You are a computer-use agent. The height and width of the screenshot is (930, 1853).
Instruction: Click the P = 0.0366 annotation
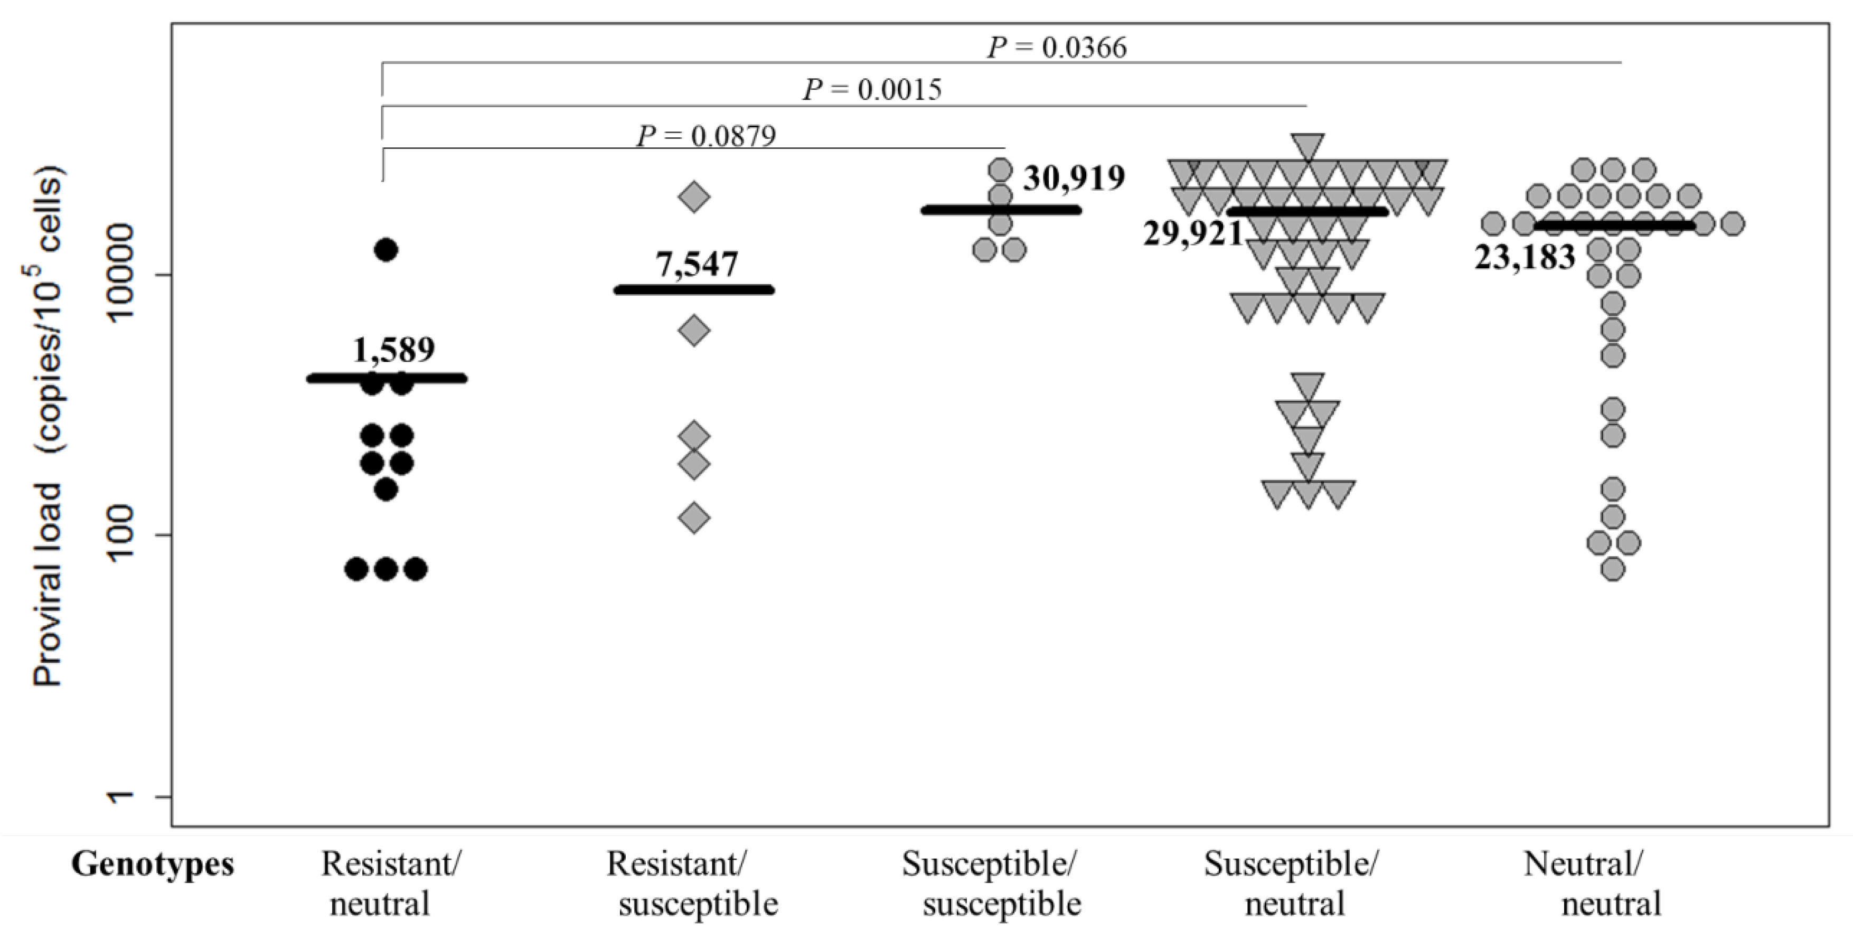[x=1057, y=48]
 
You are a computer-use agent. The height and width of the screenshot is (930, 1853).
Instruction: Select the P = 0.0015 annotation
[x=872, y=90]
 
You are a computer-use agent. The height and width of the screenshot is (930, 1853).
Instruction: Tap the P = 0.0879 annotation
[x=706, y=135]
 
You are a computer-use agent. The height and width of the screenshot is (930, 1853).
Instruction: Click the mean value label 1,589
[x=393, y=350]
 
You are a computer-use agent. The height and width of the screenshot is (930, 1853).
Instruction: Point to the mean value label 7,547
[x=695, y=265]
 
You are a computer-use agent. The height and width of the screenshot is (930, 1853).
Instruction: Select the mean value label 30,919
[x=1073, y=179]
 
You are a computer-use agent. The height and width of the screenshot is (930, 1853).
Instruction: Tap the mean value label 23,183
[x=1524, y=257]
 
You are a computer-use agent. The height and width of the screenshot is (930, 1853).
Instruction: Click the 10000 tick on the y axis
[x=133, y=275]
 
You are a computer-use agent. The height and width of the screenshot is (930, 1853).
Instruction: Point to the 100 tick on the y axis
[x=133, y=535]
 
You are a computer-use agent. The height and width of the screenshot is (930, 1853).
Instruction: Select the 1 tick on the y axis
[x=133, y=796]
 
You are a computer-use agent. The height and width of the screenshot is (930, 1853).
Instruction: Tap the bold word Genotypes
[x=153, y=864]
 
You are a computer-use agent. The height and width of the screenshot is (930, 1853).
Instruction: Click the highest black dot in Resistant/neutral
[x=385, y=250]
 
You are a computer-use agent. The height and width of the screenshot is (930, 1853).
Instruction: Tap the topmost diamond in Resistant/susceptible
[x=694, y=197]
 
